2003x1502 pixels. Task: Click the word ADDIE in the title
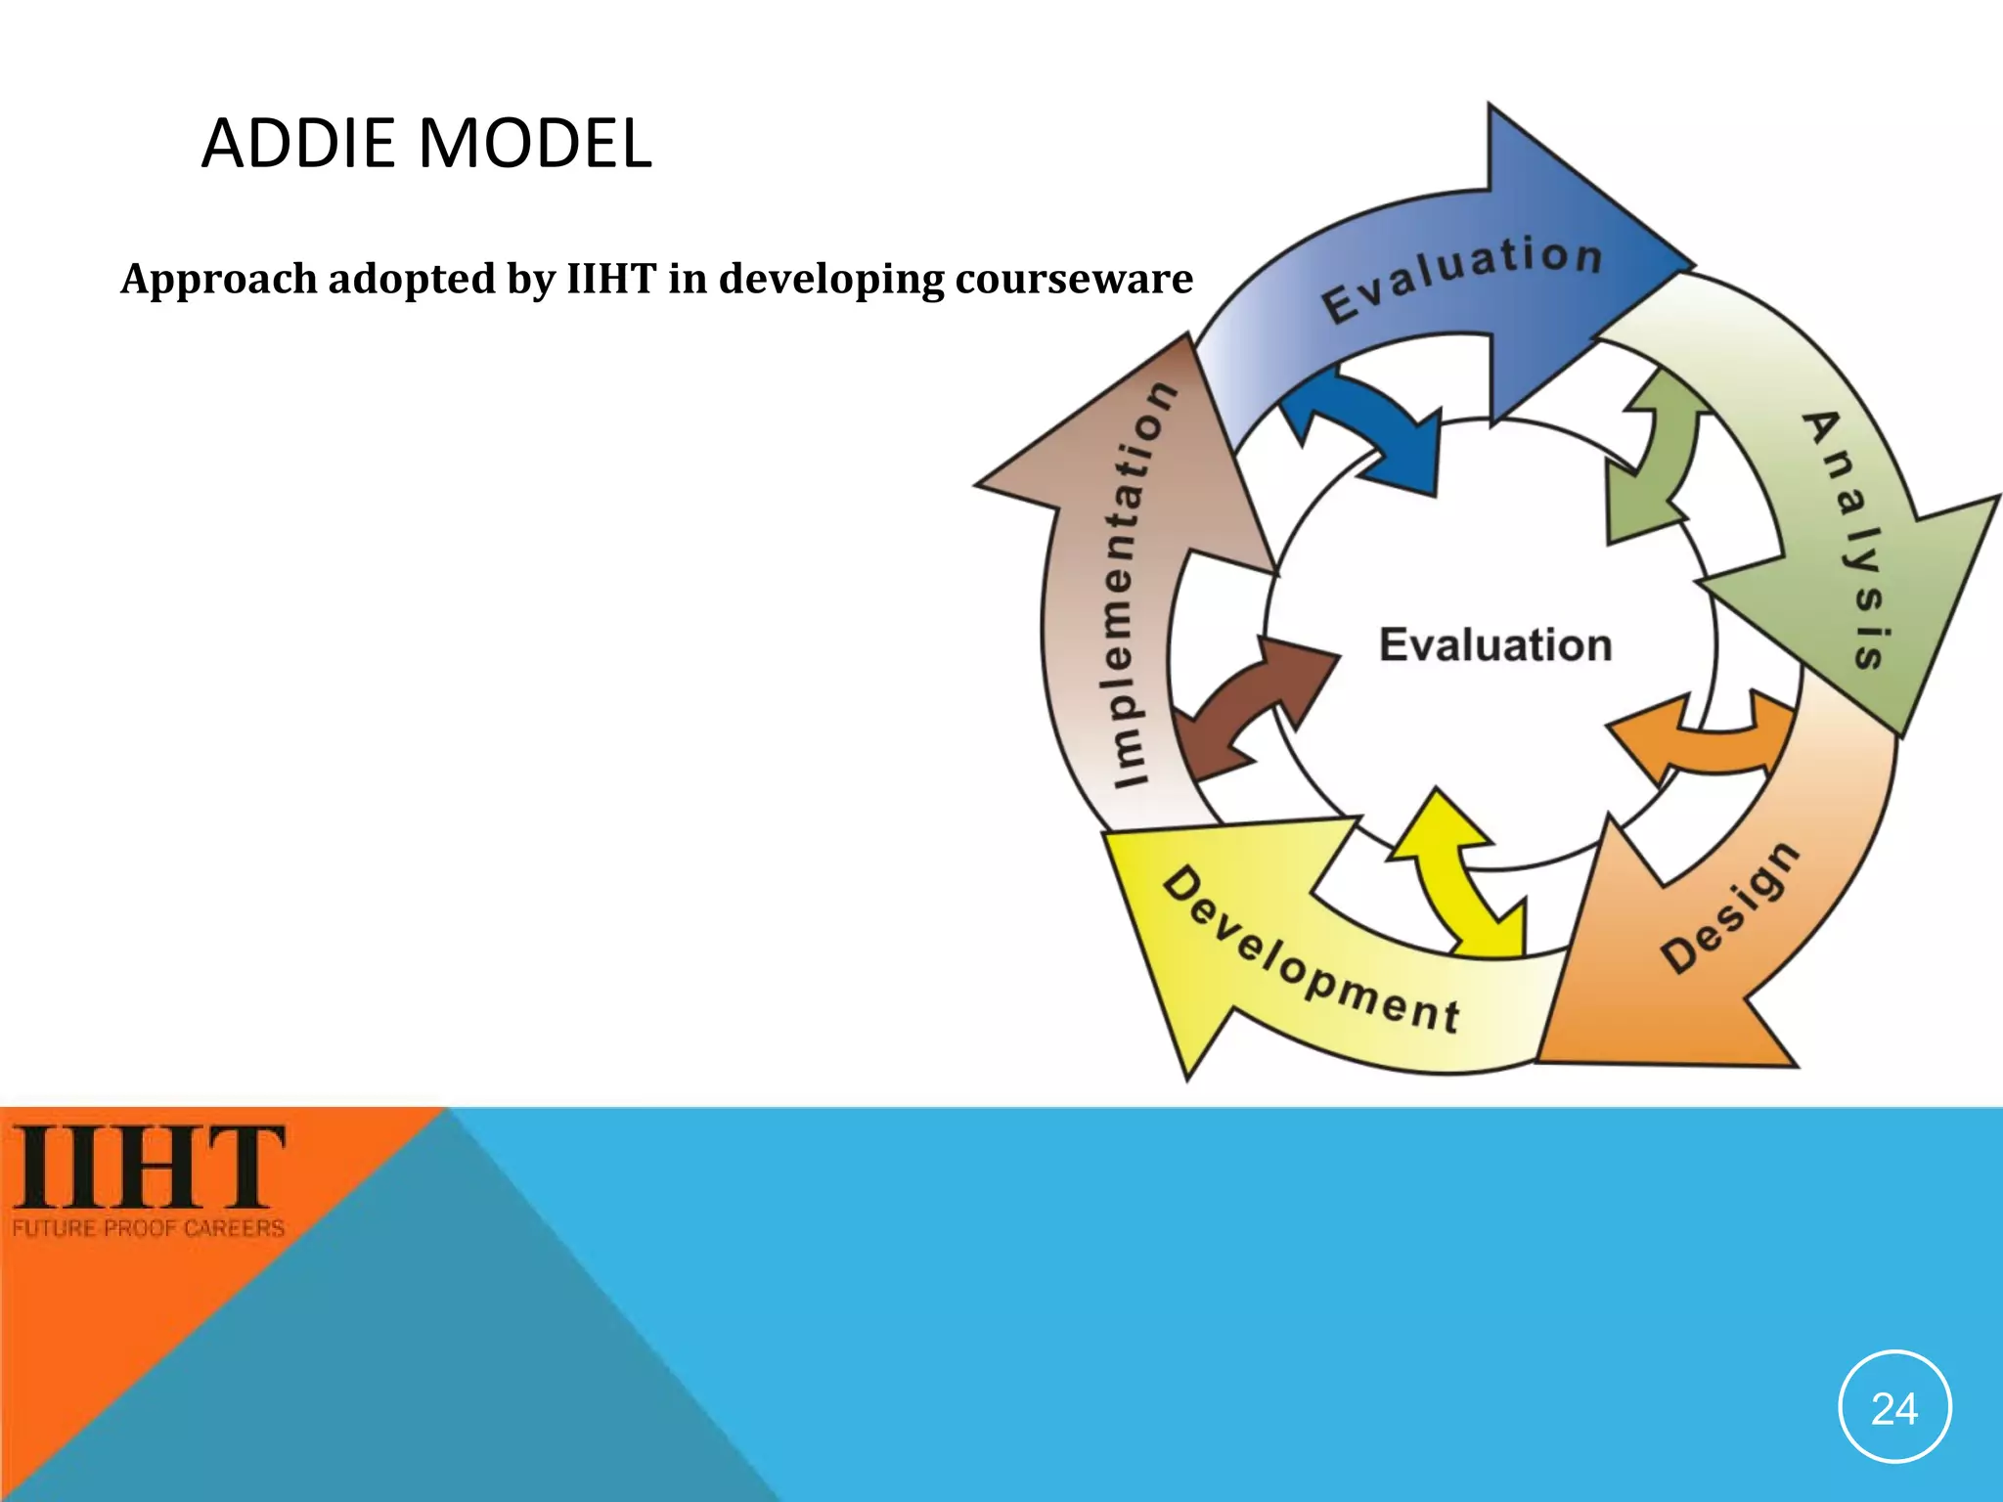coord(301,144)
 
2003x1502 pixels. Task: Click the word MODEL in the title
coord(535,144)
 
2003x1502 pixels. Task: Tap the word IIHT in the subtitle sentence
coord(611,279)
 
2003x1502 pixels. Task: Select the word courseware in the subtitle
coord(1073,279)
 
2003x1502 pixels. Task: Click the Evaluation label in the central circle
coord(1494,645)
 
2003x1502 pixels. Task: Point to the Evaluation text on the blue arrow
coord(1462,277)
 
